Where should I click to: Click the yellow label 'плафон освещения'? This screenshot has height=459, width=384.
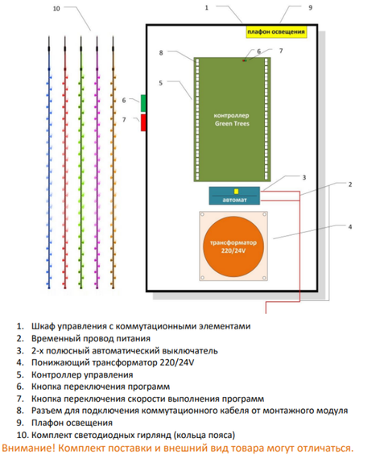[275, 33]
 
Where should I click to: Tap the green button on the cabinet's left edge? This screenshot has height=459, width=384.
[144, 103]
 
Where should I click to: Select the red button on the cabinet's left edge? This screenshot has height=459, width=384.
[144, 122]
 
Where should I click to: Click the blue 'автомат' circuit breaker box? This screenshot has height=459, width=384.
[234, 195]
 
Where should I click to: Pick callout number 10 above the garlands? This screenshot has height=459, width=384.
[56, 9]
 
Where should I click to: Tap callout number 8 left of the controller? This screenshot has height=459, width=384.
[161, 52]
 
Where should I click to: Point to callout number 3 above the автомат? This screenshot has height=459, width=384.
[303, 176]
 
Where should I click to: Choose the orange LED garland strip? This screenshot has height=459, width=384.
[113, 161]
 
